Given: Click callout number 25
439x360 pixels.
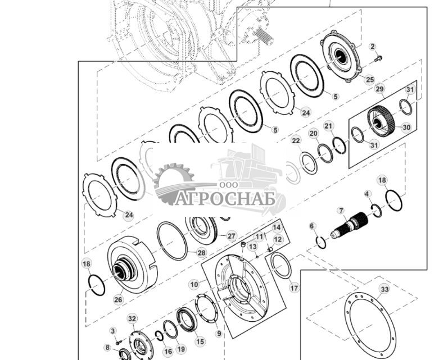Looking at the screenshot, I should [x=369, y=79].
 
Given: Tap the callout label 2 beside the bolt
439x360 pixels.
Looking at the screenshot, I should [x=372, y=46].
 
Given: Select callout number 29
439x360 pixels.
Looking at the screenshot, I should [x=379, y=89].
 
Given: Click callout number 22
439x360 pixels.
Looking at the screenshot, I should [x=296, y=140].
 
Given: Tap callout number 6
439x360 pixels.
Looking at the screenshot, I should [x=313, y=226].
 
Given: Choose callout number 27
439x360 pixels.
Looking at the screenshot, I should [x=231, y=236].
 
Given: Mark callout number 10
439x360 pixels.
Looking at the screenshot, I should [x=193, y=285].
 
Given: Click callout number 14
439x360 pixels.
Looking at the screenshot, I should [x=277, y=227].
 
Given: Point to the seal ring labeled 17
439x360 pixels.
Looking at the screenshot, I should [x=281, y=265].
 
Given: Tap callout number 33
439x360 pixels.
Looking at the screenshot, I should [x=384, y=289].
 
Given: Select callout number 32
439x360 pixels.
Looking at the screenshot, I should [x=132, y=318].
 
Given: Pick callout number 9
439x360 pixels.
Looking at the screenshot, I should [x=219, y=333].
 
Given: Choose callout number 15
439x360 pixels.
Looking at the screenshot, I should [x=200, y=341].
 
